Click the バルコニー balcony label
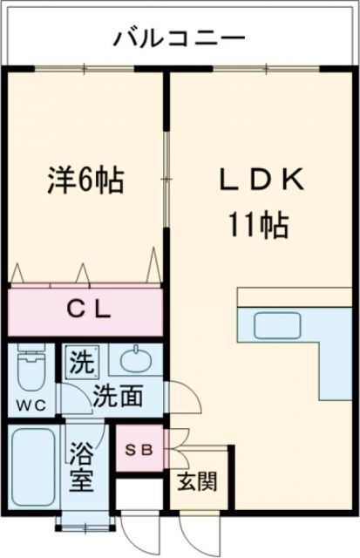point(180,39)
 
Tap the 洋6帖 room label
point(85,180)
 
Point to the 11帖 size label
point(259,227)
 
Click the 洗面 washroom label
point(119,396)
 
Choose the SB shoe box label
point(139,450)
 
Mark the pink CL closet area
point(85,311)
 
